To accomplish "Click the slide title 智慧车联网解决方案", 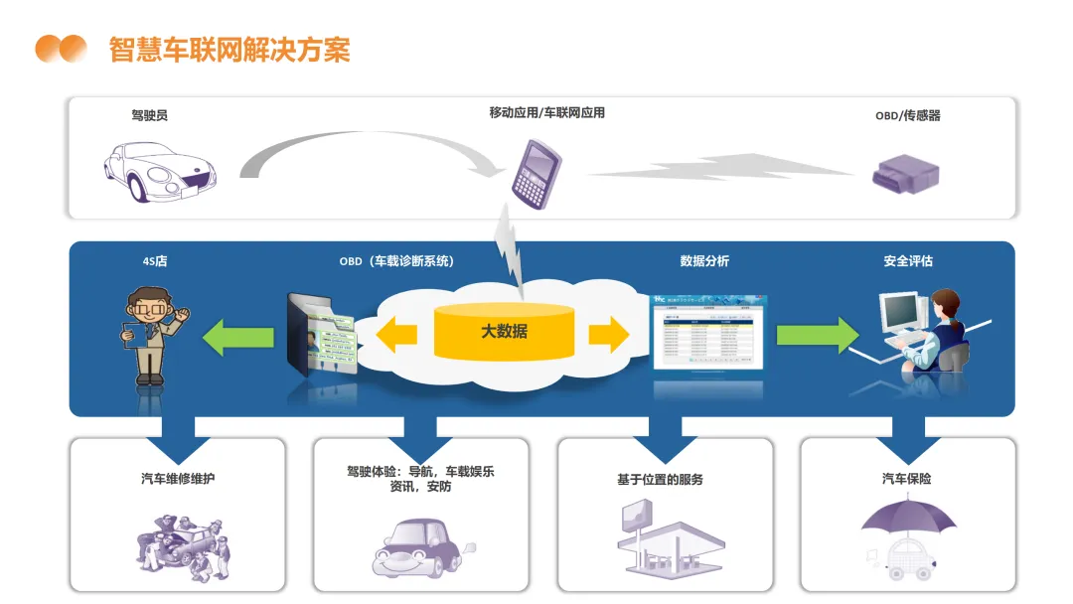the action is point(230,49).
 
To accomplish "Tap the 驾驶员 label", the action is point(149,115).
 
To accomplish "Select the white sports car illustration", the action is point(159,173).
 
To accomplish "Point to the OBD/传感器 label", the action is point(907,115).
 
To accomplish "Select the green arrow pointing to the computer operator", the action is point(816,334).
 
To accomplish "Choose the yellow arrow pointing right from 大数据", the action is point(608,334).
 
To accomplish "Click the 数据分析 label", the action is point(704,261).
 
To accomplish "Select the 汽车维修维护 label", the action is point(178,479).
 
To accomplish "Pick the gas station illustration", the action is point(665,539).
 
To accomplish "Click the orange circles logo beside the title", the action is point(61,49).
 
